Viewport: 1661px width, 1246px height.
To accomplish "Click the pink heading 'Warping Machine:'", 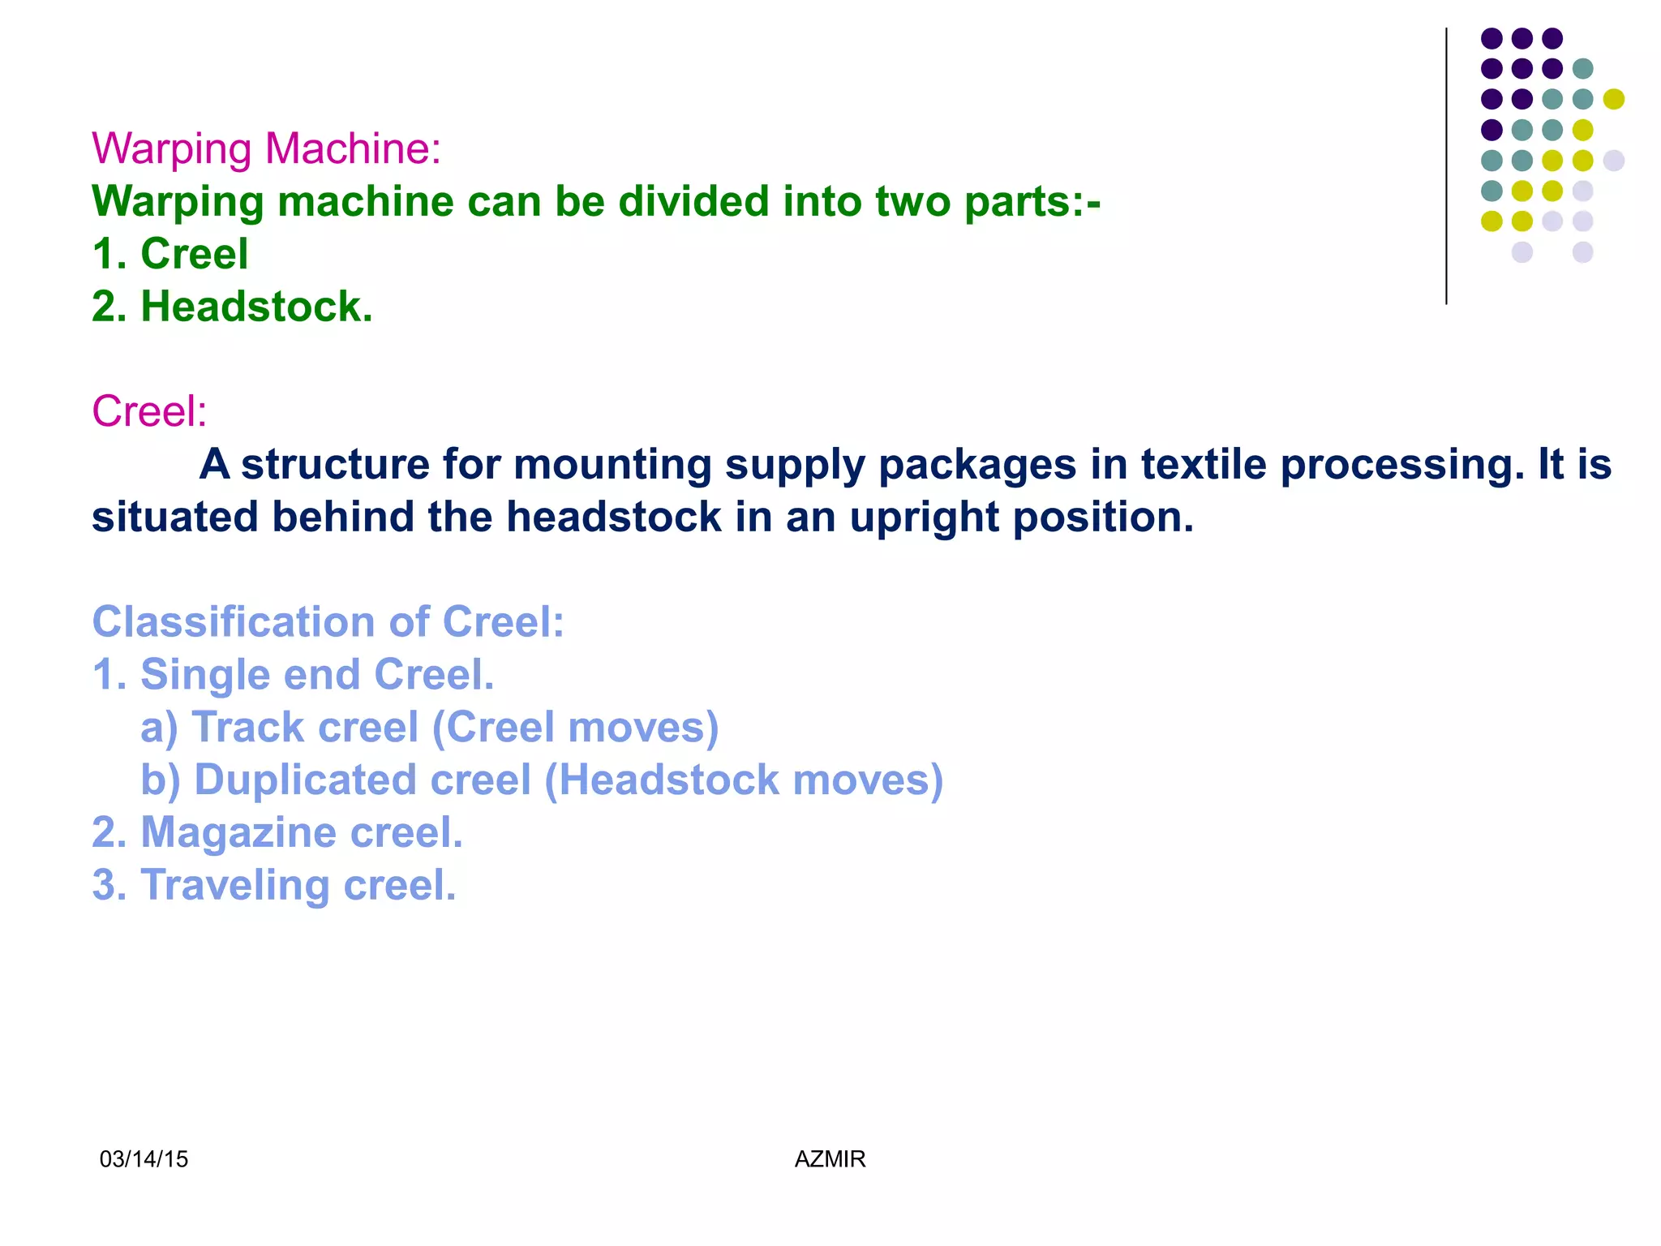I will pyautogui.click(x=266, y=149).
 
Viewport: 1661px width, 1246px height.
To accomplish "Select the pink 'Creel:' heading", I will pyautogui.click(x=149, y=411).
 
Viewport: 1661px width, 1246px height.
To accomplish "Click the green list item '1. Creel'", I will pyautogui.click(x=170, y=254).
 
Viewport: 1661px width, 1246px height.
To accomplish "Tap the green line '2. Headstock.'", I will pyautogui.click(x=232, y=307).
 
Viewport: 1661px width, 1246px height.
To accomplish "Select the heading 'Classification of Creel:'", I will pyautogui.click(x=328, y=622).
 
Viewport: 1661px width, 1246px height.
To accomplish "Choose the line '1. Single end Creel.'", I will pyautogui.click(x=293, y=675).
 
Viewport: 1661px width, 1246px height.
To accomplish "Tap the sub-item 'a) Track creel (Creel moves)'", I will pyautogui.click(x=430, y=728).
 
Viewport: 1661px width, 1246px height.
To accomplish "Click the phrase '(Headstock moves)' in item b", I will pyautogui.click(x=744, y=780).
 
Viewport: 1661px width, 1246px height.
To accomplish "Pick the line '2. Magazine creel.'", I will pyautogui.click(x=277, y=833).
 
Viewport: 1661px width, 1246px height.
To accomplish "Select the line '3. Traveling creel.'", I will pyautogui.click(x=274, y=885).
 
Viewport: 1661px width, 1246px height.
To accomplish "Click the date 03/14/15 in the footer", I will pyautogui.click(x=144, y=1159).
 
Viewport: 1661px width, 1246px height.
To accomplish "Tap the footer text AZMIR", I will pyautogui.click(x=830, y=1159).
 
